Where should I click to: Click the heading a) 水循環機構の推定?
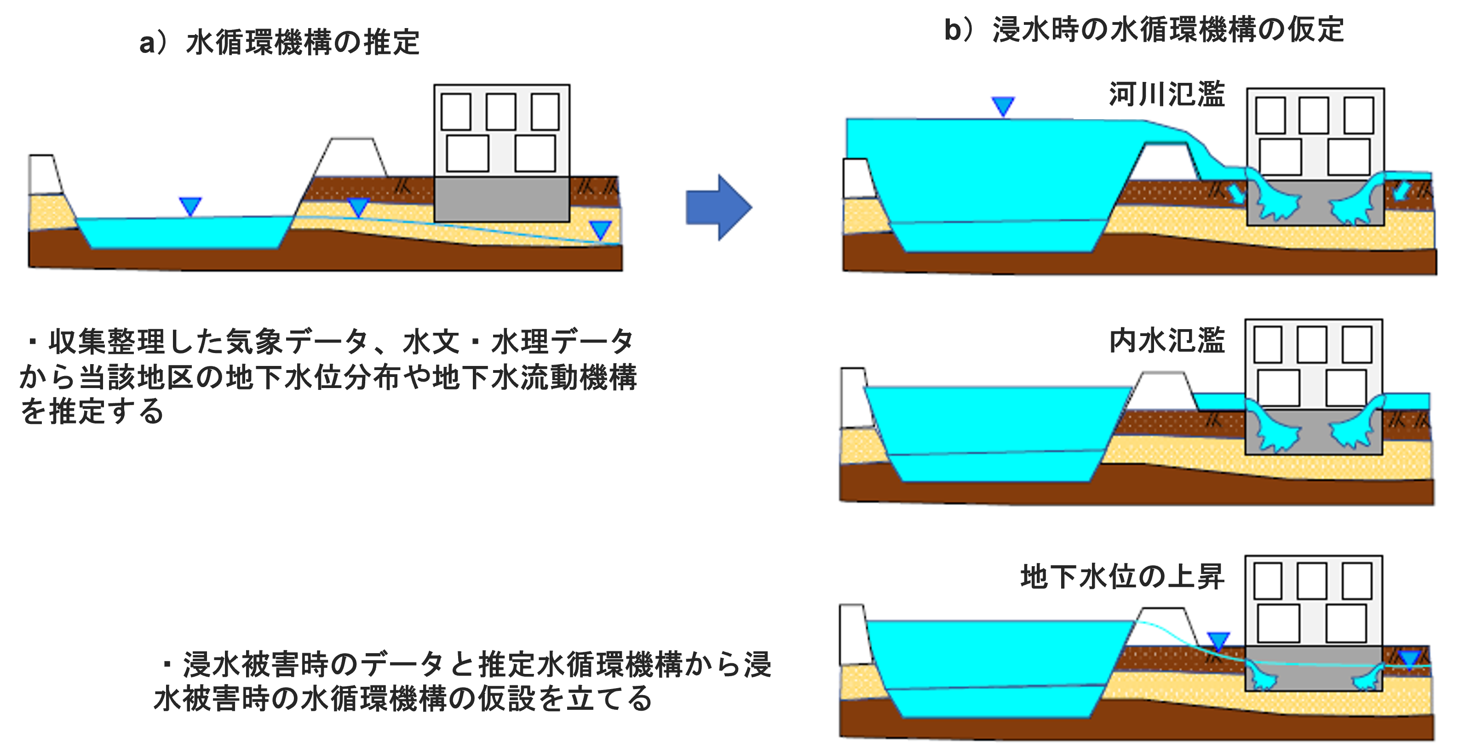[279, 42]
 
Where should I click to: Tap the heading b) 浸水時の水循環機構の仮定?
[1143, 29]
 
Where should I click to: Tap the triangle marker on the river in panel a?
[190, 206]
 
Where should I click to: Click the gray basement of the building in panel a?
[501, 199]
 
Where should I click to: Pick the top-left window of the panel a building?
[455, 112]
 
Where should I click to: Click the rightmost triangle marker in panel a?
[600, 230]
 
